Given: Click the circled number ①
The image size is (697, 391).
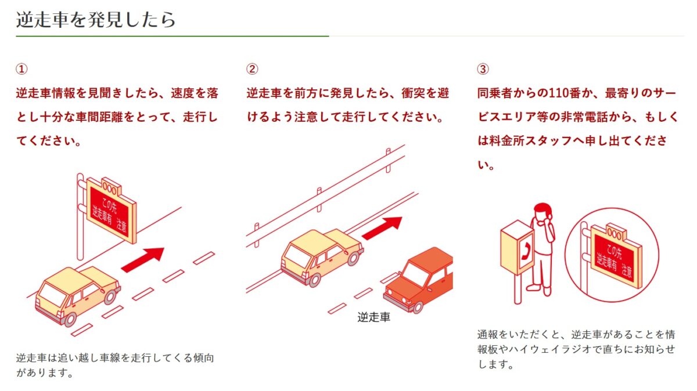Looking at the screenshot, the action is tap(21, 69).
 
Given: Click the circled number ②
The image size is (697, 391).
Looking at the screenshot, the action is tap(252, 69).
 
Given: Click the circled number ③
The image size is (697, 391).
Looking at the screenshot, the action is tap(483, 69).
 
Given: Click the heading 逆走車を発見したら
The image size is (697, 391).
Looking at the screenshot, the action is tap(96, 20).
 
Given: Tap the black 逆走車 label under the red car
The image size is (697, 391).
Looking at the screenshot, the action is tap(373, 317).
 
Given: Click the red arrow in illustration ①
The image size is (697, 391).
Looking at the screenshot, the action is tap(142, 260).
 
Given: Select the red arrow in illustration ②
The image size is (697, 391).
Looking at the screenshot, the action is tap(382, 229).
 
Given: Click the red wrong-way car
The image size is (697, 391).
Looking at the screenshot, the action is tap(419, 280).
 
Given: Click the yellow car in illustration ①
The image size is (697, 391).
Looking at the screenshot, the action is tap(78, 296).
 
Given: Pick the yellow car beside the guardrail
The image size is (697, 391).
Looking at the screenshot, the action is tap(322, 258).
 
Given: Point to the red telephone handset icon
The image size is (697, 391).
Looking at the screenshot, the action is tap(526, 251).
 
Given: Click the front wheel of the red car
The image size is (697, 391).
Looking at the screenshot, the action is tap(418, 307).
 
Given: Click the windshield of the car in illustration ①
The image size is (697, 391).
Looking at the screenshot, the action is tap(49, 295).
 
